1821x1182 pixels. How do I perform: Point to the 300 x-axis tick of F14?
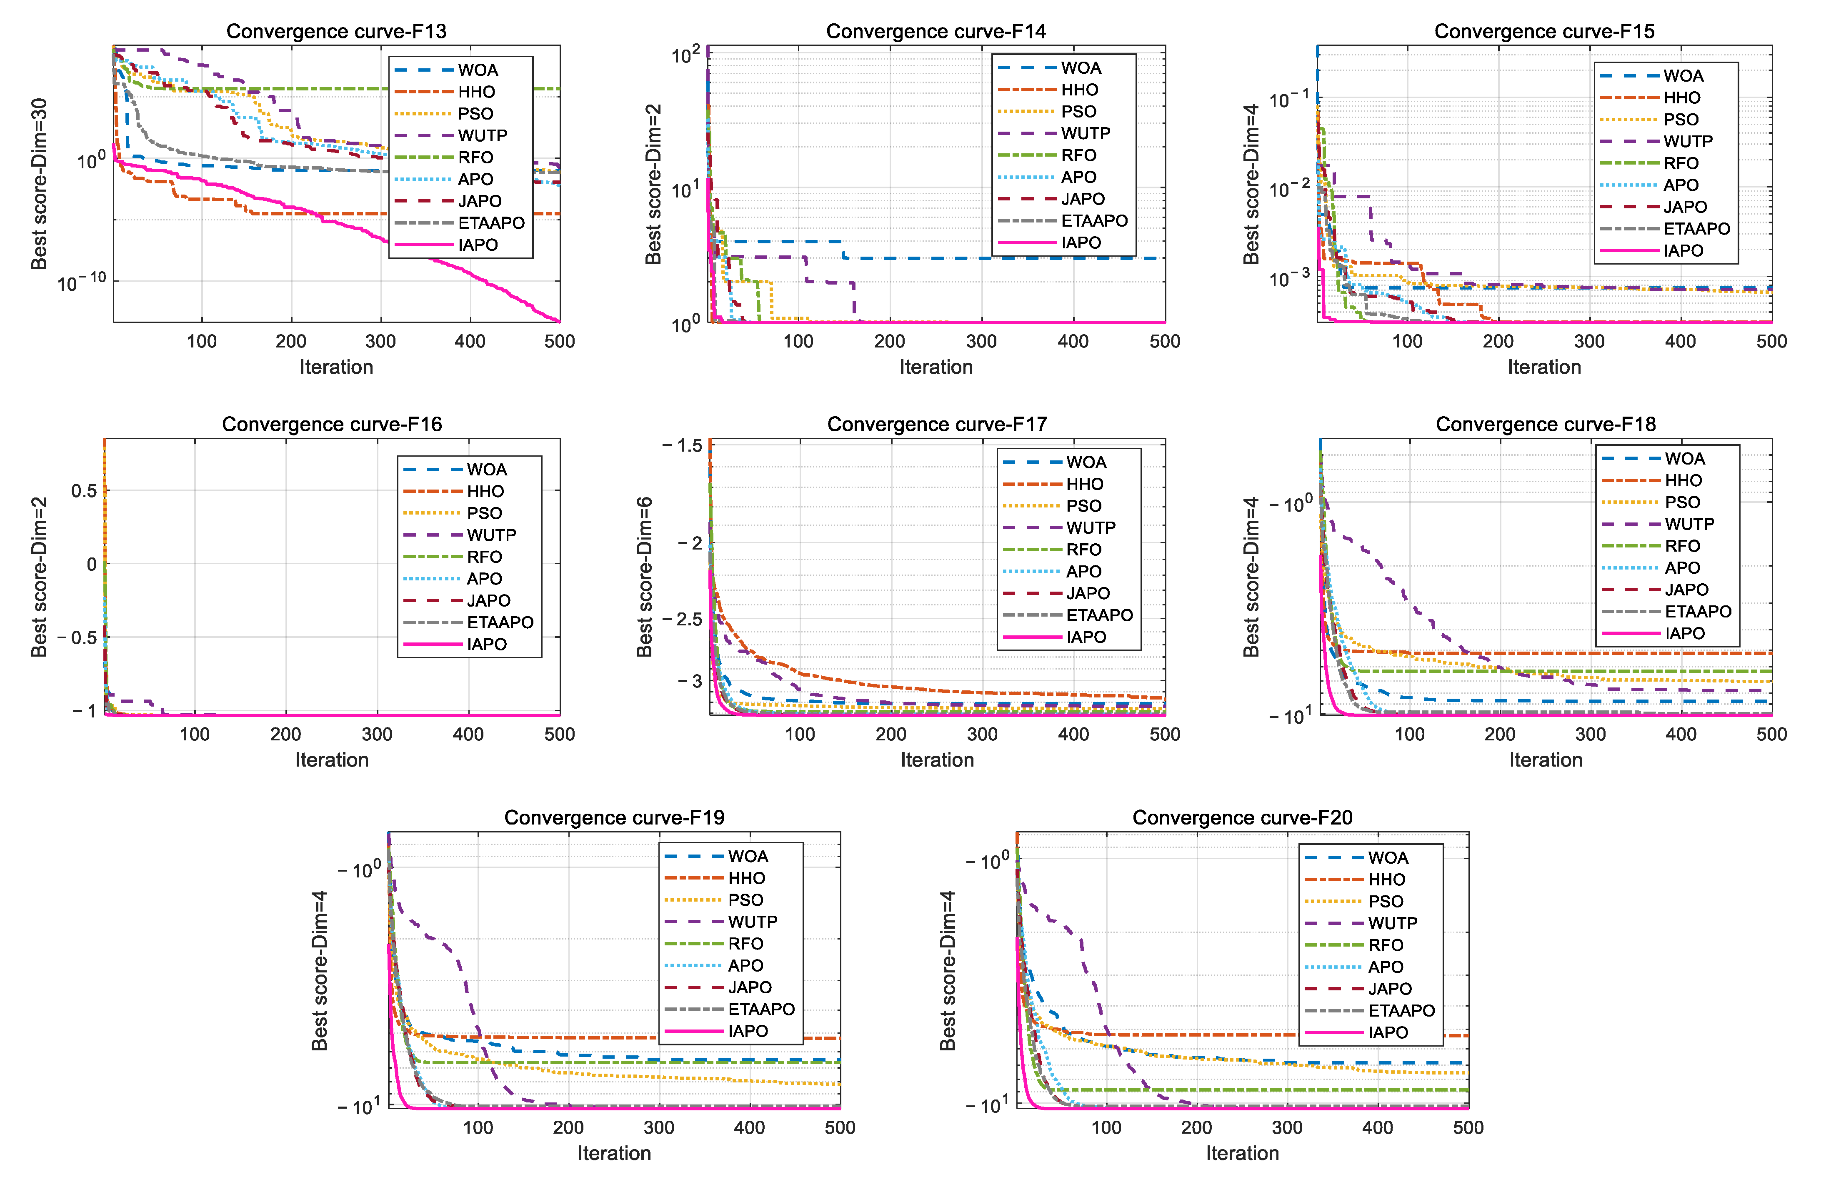(982, 341)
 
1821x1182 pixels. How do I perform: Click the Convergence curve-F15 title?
(1544, 31)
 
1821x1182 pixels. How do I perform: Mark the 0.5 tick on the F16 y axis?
(84, 490)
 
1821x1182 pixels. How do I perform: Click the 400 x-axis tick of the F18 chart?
(1681, 735)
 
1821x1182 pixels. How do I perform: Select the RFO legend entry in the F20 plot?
(1386, 946)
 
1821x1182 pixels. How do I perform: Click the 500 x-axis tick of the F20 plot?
(1468, 1128)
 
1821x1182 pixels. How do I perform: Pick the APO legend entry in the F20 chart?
(1386, 967)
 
